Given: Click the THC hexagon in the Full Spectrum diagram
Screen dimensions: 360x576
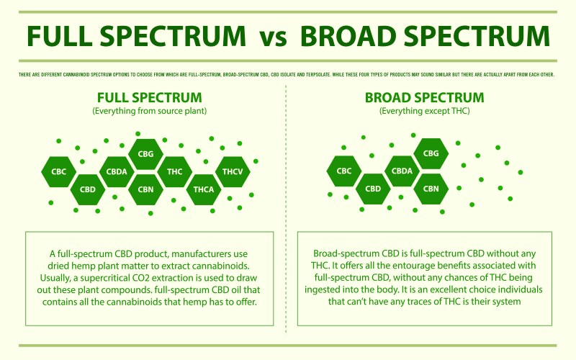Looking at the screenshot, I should coord(174,171).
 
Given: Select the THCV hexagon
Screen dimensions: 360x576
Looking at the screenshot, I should coord(233,171).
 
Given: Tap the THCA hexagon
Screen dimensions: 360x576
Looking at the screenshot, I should coord(204,189).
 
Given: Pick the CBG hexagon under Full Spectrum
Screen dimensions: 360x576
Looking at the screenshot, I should coord(145,153).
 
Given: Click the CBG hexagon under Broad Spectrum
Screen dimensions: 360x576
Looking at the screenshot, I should coord(431,153).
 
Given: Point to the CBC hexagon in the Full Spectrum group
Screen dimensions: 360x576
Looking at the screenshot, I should coord(58,171).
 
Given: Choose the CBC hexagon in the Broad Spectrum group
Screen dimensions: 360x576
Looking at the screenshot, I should coord(344,171).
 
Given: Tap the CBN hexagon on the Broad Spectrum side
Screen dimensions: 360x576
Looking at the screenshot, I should coord(431,189).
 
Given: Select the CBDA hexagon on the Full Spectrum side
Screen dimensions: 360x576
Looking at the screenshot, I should coord(116,171).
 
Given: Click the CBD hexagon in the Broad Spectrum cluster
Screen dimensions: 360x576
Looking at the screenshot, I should coord(373,189).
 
